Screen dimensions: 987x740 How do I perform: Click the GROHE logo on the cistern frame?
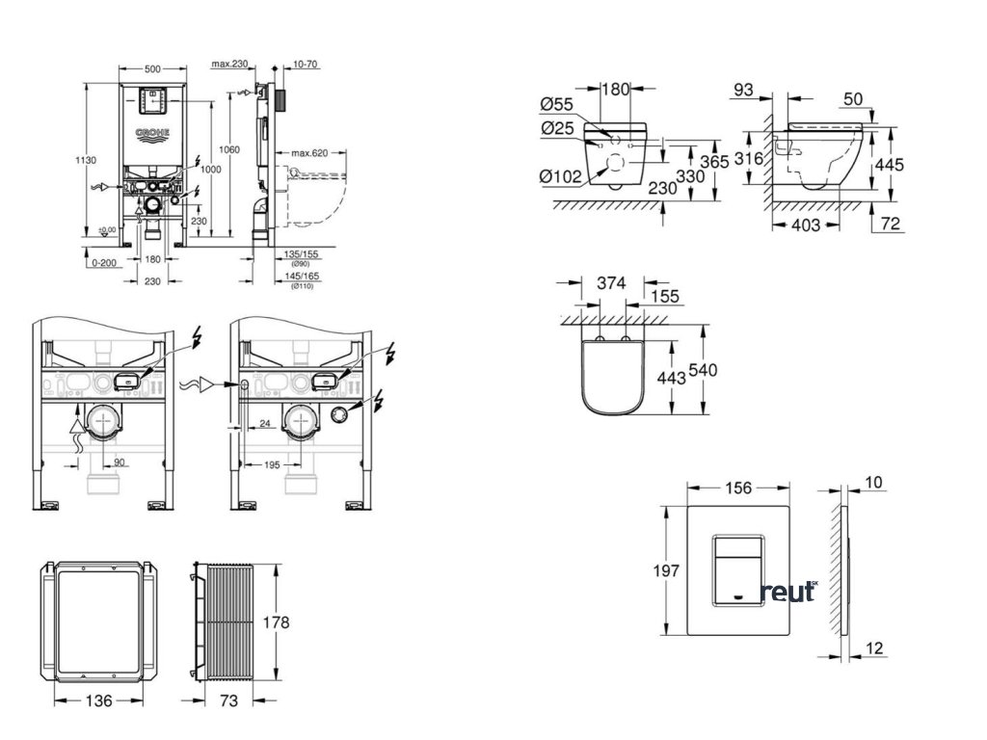pyautogui.click(x=152, y=132)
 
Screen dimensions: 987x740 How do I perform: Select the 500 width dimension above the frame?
pyautogui.click(x=151, y=70)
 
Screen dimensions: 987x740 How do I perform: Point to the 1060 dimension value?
pyautogui.click(x=227, y=149)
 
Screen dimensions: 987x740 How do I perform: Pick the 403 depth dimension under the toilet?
pyautogui.click(x=804, y=225)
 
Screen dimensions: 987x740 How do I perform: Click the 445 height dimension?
pyautogui.click(x=888, y=165)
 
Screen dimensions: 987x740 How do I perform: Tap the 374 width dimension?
pyautogui.click(x=613, y=282)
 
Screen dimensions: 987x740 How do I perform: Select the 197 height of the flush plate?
pyautogui.click(x=665, y=570)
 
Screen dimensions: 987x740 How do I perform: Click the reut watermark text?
pyautogui.click(x=787, y=592)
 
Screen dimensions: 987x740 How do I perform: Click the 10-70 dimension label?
pyautogui.click(x=307, y=65)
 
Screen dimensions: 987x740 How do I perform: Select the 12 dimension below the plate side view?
pyautogui.click(x=873, y=648)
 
